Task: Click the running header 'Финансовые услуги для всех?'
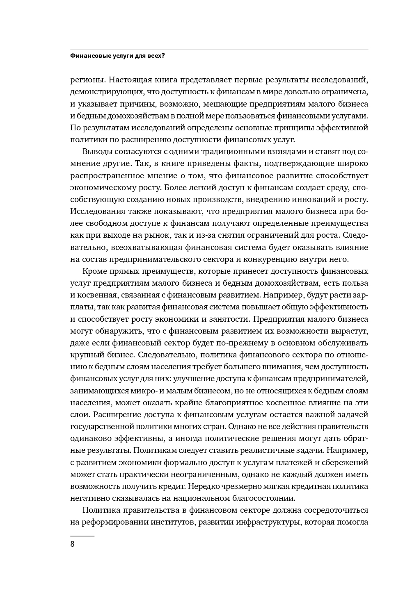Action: point(117,56)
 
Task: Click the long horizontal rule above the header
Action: point(219,49)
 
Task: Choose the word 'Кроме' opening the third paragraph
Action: point(95,271)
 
